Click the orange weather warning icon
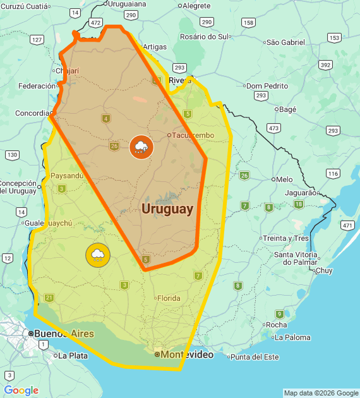click(141, 148)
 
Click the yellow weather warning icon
click(98, 255)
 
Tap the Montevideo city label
click(186, 355)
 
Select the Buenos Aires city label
click(64, 334)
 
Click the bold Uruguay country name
click(167, 209)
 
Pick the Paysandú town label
click(66, 176)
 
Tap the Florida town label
click(168, 298)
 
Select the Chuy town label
click(323, 270)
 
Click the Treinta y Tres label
click(285, 238)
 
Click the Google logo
click(21, 390)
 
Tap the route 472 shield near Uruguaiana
click(95, 22)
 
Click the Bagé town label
click(287, 109)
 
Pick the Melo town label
click(284, 179)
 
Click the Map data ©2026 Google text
click(321, 393)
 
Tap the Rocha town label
click(277, 325)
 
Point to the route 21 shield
click(50, 298)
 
